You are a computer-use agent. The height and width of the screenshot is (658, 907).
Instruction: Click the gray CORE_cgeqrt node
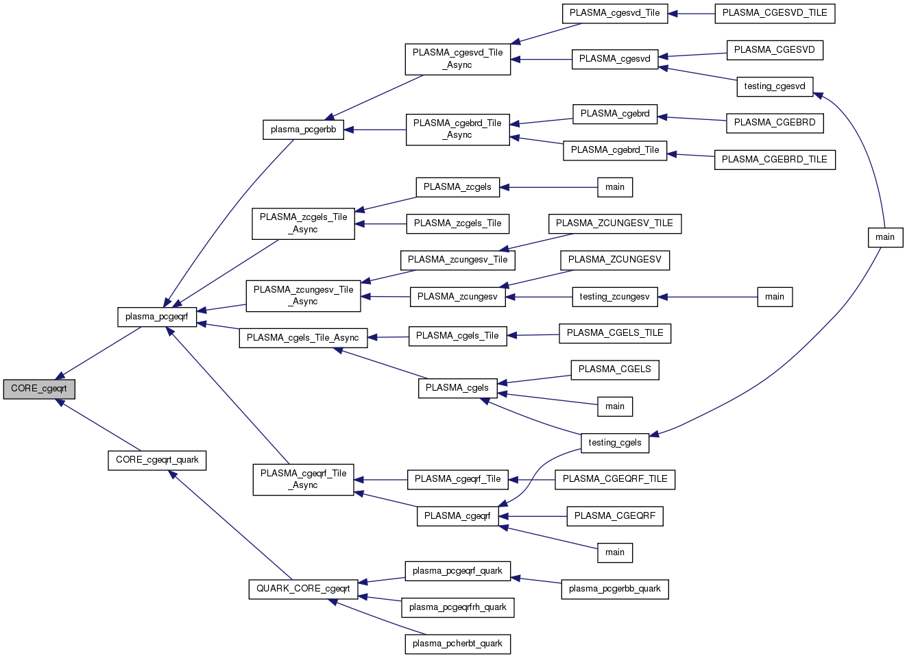39,389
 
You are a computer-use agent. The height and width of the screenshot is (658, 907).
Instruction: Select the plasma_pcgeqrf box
157,317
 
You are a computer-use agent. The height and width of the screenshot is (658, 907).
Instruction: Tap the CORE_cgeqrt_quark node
157,460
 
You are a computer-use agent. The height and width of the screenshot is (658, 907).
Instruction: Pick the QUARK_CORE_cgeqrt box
303,589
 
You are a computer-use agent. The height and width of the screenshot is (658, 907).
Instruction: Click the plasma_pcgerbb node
303,130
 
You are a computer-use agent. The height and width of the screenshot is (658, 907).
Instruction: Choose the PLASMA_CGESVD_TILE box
775,13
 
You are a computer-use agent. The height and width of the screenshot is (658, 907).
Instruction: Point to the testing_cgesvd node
775,86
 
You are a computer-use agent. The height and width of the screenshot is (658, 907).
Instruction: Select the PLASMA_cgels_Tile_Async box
303,338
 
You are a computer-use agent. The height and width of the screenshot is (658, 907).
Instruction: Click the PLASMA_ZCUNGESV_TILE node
614,223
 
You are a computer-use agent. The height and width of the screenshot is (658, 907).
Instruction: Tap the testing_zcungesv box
614,297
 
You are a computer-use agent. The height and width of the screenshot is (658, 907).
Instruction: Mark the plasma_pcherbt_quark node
457,644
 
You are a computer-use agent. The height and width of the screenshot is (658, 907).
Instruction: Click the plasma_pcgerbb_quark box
614,589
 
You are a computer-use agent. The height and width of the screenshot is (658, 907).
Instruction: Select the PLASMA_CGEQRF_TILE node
615,479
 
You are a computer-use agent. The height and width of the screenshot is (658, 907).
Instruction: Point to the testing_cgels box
615,443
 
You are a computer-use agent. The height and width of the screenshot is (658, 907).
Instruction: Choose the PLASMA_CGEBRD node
775,123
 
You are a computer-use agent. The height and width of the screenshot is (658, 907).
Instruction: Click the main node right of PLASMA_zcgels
615,187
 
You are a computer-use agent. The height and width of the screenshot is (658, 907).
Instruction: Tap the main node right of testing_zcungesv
775,297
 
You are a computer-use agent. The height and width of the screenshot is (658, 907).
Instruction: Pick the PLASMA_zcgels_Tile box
457,223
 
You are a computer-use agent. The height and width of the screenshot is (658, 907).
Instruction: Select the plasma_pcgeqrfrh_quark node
457,607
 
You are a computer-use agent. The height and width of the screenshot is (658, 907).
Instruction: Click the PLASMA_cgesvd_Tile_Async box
457,59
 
